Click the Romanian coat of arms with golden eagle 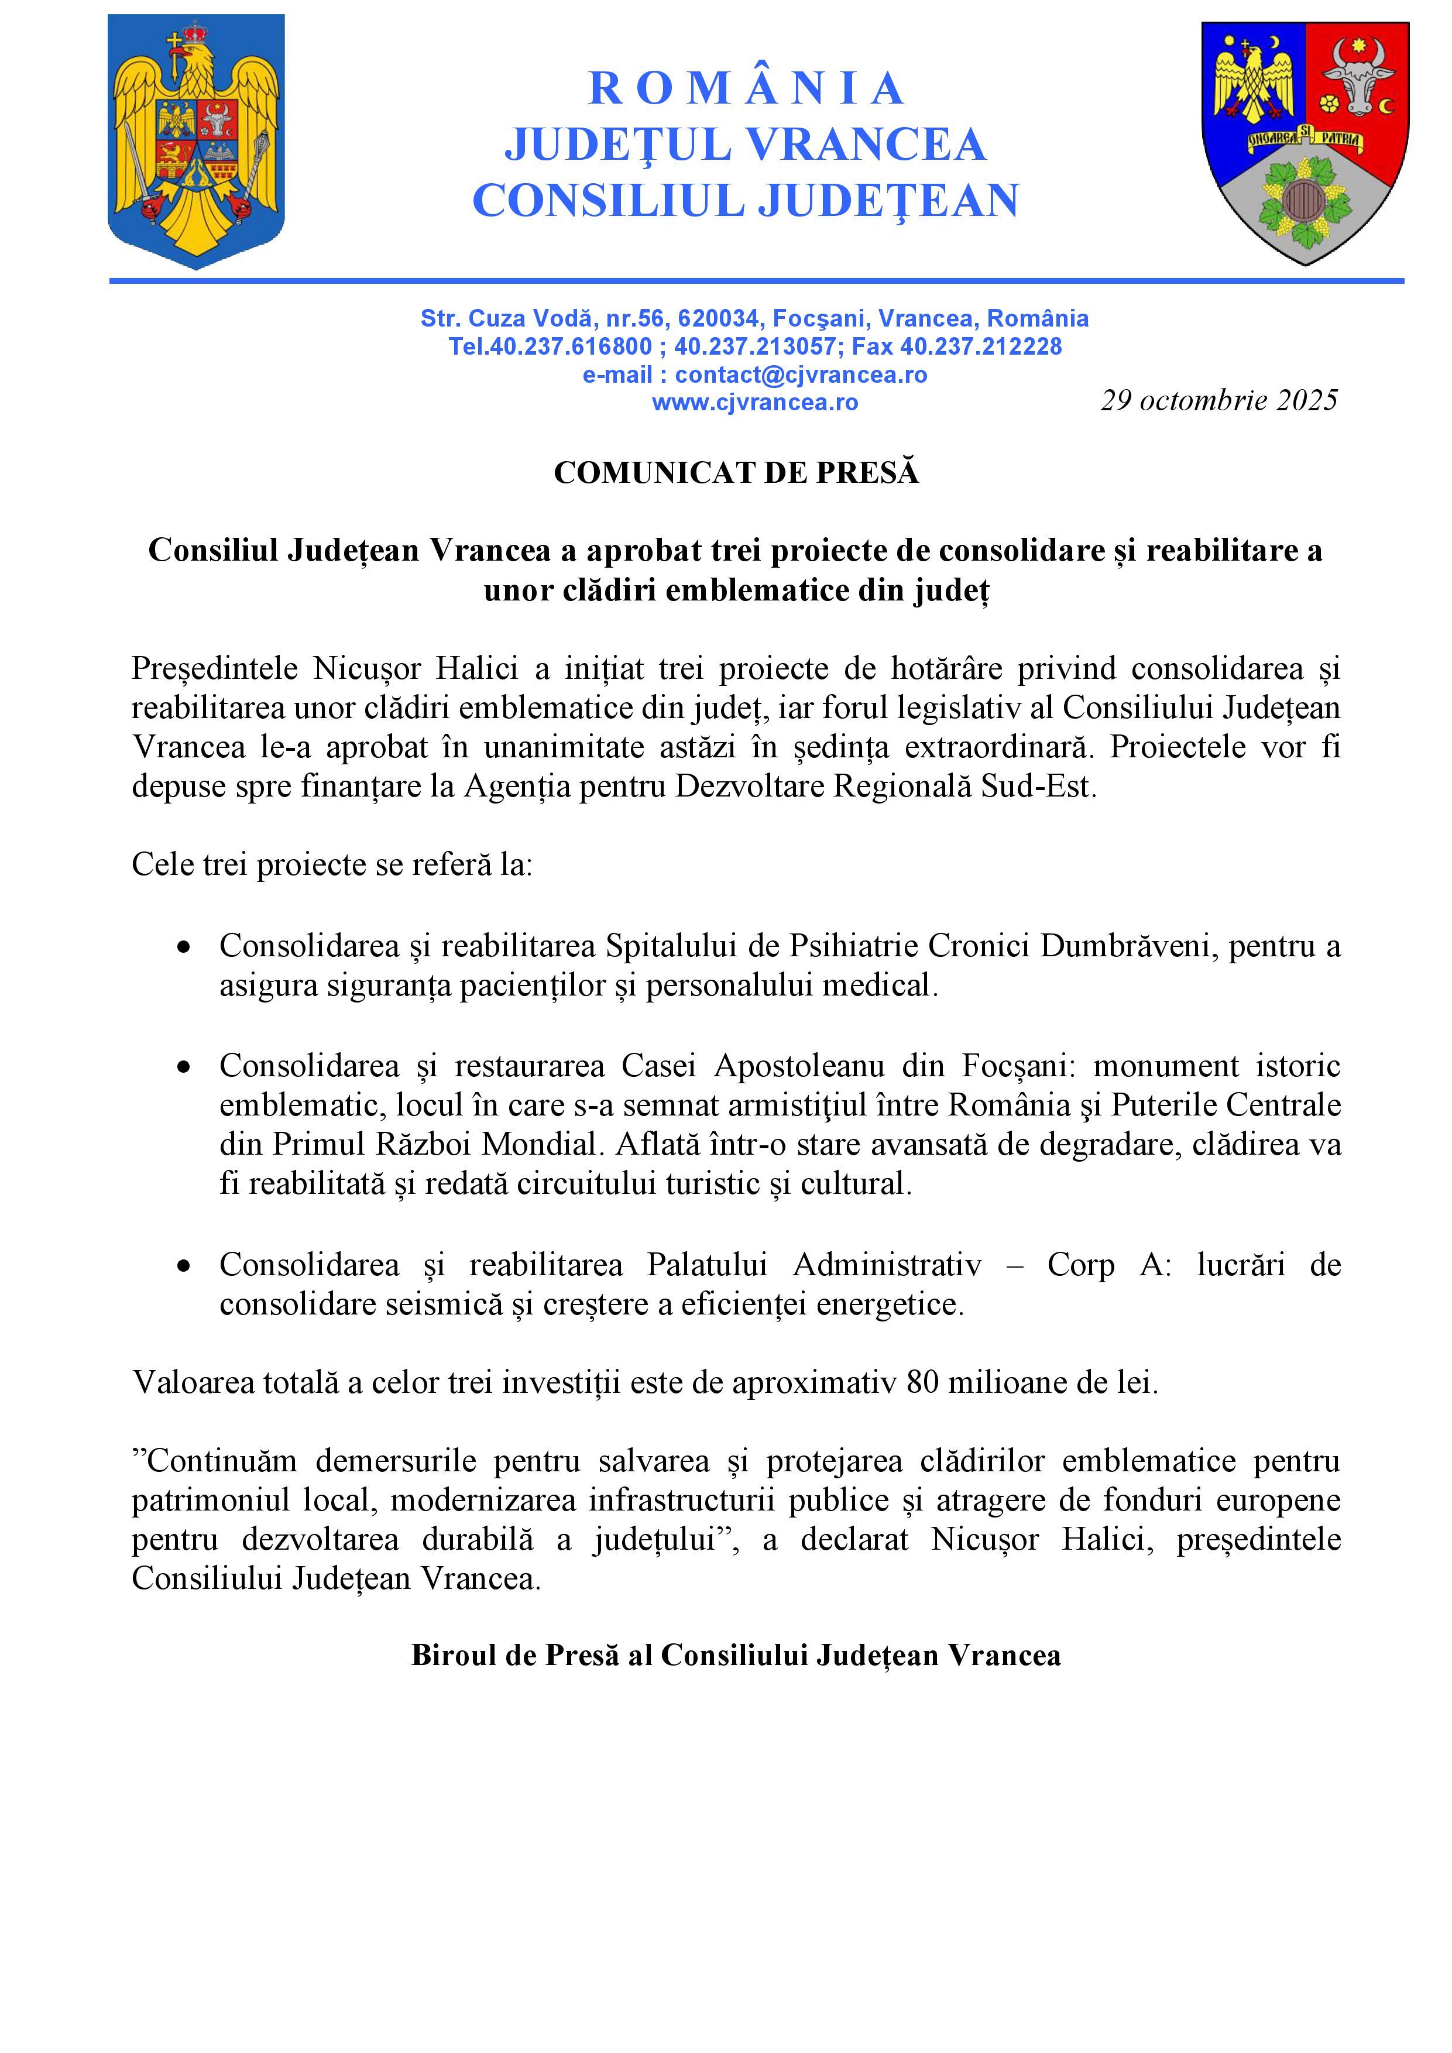coord(196,141)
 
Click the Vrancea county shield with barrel coord(1305,143)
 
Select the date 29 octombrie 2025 coord(1218,400)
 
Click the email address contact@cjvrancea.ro coord(800,375)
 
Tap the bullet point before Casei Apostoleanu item coord(184,1067)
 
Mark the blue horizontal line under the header coord(756,281)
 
